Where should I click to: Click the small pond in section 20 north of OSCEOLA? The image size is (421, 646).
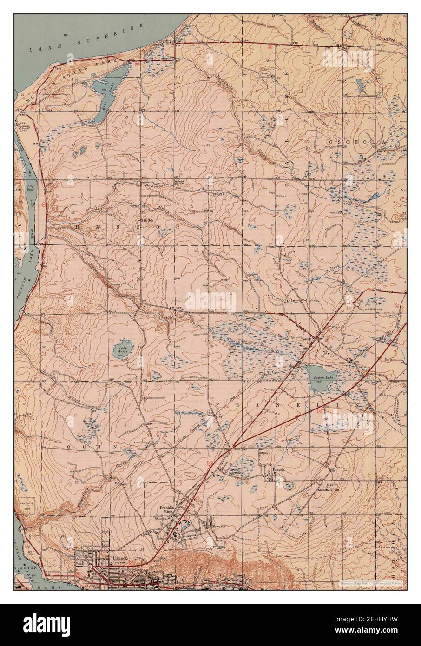(x=360, y=85)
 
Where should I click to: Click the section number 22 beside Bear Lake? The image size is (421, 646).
(x=76, y=80)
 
